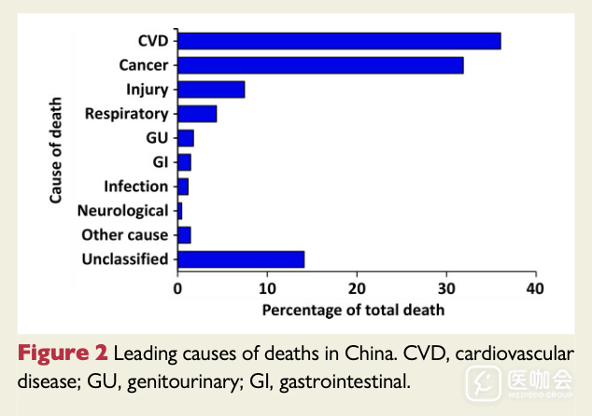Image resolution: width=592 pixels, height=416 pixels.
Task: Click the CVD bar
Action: pos(339,41)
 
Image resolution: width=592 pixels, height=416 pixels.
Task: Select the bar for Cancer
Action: pos(320,65)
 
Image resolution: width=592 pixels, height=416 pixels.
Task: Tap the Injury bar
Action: pos(211,90)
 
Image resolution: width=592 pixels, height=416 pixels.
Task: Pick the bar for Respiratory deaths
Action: pos(197,114)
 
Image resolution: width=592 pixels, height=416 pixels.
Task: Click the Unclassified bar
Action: pos(241,259)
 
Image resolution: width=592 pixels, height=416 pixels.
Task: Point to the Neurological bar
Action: pos(180,211)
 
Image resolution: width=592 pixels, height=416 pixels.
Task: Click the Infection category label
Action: pos(135,187)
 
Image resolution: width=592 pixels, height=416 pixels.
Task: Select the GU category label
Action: pos(157,138)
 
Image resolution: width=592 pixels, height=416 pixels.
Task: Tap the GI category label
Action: pos(160,162)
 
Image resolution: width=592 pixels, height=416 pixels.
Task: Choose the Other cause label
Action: pos(124,235)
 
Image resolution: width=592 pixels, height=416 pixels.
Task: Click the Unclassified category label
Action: pos(124,259)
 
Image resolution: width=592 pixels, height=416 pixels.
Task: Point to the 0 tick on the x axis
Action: pos(177,288)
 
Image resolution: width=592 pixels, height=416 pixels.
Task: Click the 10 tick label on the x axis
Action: pos(267,288)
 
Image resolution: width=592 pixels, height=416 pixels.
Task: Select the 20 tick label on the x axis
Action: pos(357,288)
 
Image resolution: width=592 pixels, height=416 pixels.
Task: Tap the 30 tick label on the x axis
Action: pos(446,288)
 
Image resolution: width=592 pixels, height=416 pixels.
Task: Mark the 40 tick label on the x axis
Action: pos(535,288)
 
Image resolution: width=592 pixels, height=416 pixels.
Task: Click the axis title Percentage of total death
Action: pos(353,309)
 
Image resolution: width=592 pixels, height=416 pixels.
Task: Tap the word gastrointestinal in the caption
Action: pos(344,381)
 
